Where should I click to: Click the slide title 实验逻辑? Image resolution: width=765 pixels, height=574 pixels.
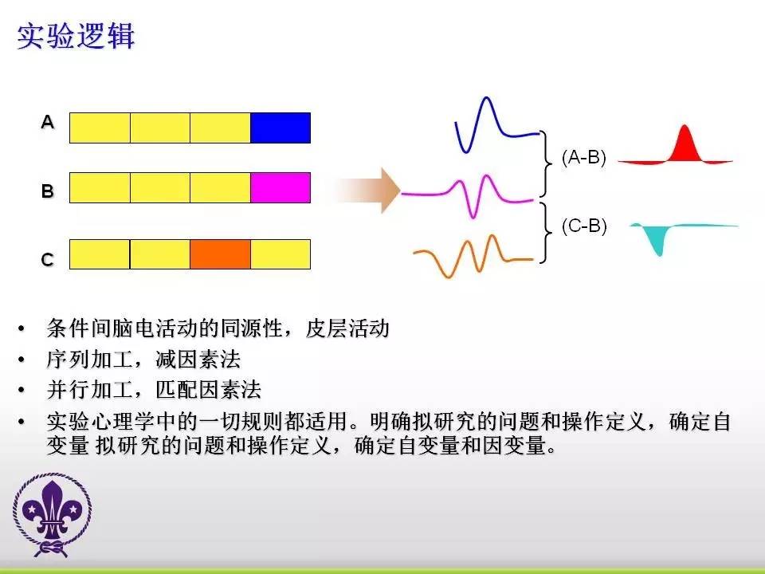click(76, 36)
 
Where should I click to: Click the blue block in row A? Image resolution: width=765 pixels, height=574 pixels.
click(280, 128)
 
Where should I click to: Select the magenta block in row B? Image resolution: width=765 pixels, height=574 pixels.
click(280, 187)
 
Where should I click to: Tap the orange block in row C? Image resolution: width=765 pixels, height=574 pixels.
click(220, 254)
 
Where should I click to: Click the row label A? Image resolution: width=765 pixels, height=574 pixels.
click(47, 121)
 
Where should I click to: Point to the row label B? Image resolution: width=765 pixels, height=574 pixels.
click(47, 191)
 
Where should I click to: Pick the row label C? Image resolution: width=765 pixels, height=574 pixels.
click(47, 259)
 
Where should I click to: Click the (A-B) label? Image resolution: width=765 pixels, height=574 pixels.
click(583, 157)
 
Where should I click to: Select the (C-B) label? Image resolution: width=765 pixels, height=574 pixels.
click(584, 226)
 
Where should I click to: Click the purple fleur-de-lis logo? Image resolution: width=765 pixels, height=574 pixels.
click(53, 515)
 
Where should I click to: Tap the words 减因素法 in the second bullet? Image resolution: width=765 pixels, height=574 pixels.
click(198, 360)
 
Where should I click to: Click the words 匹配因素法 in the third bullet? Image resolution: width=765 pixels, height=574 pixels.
click(209, 390)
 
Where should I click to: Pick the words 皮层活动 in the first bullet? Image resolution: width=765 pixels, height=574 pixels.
click(347, 328)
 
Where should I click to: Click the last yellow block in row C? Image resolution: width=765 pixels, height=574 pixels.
click(280, 254)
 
